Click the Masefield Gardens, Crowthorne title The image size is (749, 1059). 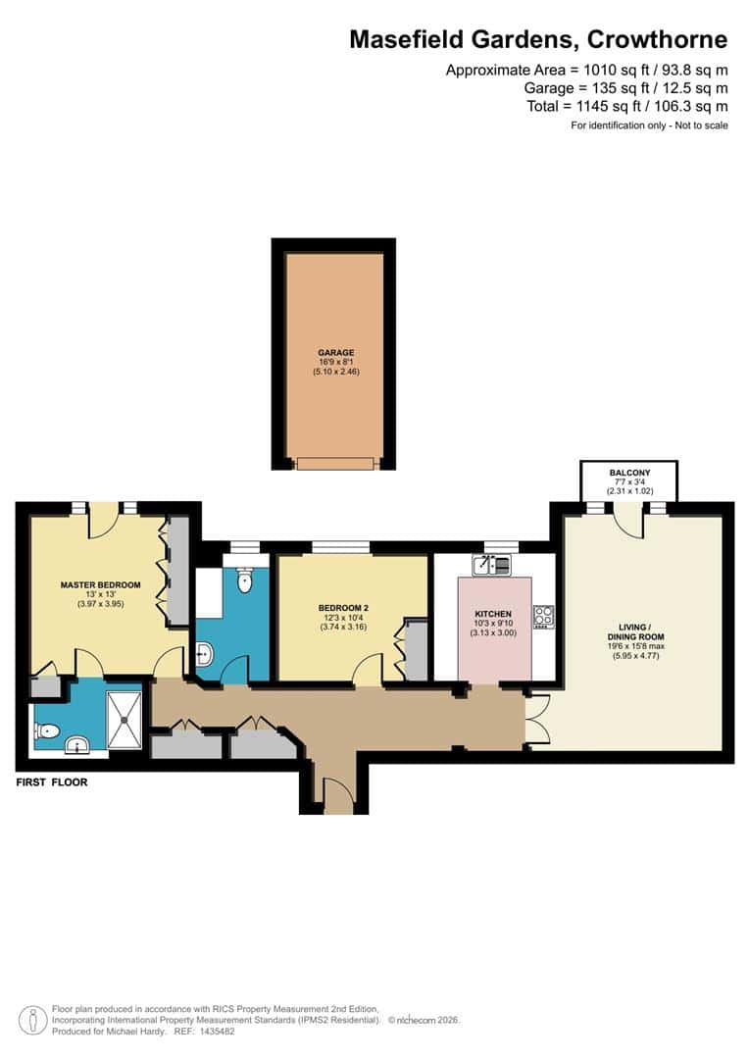coord(538,40)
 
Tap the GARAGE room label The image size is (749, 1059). coord(335,353)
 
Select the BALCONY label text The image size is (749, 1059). coord(628,473)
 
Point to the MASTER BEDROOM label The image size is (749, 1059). coord(100,585)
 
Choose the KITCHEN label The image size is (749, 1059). coord(494,614)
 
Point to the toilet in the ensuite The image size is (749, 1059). coord(46,731)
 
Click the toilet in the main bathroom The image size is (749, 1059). coord(245,580)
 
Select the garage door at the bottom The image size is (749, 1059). coord(335,463)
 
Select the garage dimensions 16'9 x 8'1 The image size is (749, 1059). coord(335,363)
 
